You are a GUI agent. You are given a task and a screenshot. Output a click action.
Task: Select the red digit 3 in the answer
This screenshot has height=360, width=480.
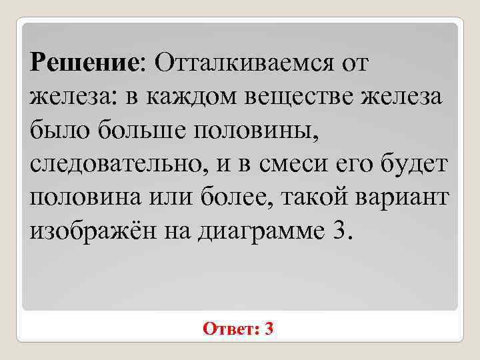tap(269, 329)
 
